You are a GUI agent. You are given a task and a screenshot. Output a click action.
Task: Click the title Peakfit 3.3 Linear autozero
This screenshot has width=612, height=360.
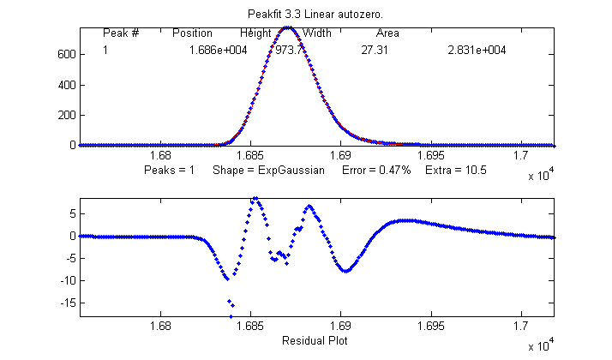point(315,15)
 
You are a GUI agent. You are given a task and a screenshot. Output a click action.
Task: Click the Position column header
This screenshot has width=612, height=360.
point(192,33)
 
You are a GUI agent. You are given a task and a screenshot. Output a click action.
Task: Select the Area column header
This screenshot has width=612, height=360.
point(387,33)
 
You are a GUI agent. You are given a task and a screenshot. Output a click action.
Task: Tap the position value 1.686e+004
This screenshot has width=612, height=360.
point(219,51)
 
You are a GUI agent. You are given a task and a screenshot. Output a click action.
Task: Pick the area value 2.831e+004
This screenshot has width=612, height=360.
point(477,51)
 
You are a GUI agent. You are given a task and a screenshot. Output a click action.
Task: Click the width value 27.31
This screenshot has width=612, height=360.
point(375,51)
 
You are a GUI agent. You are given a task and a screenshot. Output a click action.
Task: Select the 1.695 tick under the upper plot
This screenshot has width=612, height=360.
point(431,155)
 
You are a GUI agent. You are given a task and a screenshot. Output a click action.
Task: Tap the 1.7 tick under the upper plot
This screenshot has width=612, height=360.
point(521,155)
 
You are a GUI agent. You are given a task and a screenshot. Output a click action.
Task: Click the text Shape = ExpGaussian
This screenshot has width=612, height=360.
point(268,171)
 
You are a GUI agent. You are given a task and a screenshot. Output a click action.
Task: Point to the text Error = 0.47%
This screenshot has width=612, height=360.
point(377,171)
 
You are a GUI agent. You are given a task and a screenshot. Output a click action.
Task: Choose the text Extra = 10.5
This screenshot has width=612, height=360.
point(456,171)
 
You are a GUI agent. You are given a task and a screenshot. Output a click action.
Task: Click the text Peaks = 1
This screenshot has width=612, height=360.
point(170,171)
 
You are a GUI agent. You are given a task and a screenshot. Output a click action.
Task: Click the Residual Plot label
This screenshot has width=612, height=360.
point(315,340)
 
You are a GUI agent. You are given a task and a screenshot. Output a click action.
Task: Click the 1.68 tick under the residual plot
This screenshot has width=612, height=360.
point(160,326)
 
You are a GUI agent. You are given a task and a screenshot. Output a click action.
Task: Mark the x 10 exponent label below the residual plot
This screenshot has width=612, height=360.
point(539,345)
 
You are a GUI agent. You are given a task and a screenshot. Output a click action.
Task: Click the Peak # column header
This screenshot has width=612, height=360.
point(121,33)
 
